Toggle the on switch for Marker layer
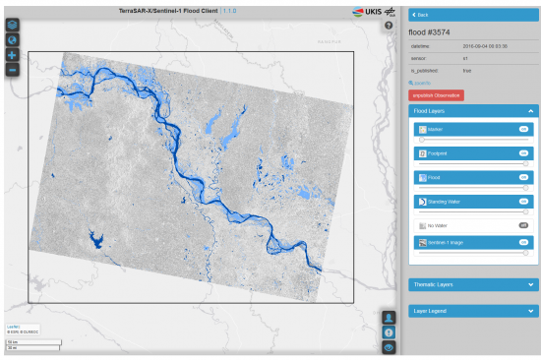524,129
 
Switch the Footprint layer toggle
524,153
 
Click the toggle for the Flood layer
524,177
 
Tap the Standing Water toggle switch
524,201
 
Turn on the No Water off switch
524,225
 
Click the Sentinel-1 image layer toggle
524,241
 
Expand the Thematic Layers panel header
473,284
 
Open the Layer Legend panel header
473,311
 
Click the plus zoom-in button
12,55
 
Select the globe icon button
12,39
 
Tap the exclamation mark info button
389,332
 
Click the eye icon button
389,347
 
